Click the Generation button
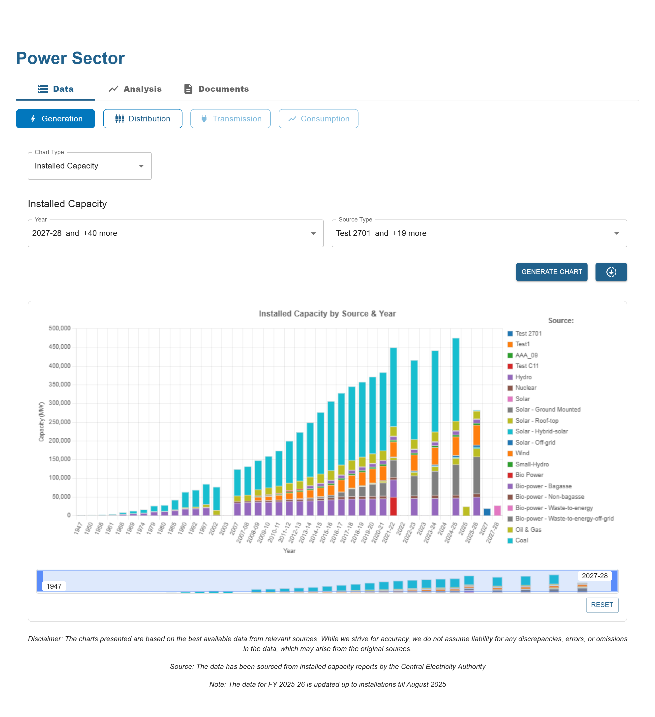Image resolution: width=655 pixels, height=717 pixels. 55,119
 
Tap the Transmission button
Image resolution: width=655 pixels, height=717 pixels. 230,119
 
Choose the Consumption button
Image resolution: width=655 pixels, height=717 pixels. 318,119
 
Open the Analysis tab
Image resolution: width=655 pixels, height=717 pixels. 135,89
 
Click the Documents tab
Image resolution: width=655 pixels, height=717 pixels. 216,89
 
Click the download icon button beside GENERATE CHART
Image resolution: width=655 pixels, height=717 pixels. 611,272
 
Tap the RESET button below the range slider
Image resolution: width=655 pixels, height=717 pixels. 602,605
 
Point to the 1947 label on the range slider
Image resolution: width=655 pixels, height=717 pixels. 54,586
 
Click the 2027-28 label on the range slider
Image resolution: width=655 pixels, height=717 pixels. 595,576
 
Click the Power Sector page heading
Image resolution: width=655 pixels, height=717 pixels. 70,58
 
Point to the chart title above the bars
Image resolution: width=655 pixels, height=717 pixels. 327,314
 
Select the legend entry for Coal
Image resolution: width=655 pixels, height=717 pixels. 522,540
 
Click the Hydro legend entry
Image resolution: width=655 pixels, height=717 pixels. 523,377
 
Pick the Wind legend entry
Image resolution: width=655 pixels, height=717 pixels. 522,453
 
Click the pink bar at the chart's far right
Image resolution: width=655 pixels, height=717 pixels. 497,510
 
